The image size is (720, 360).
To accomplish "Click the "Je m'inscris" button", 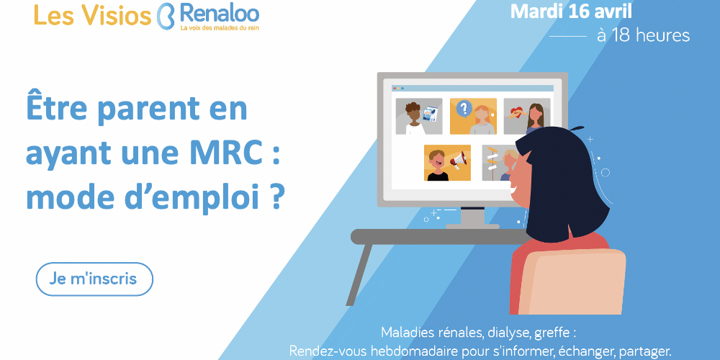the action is (94, 279).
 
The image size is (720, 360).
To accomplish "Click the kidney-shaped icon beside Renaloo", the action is (166, 16).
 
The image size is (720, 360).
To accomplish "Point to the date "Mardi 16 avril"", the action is (571, 12).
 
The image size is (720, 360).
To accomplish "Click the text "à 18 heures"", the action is (643, 35).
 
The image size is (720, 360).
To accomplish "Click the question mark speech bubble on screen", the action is (464, 109).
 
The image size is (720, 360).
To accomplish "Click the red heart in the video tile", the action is (516, 112).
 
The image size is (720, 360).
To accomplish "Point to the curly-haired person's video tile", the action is (419, 116).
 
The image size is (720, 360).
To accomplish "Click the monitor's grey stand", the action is (472, 217).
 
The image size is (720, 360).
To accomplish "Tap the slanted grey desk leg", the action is (359, 274).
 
